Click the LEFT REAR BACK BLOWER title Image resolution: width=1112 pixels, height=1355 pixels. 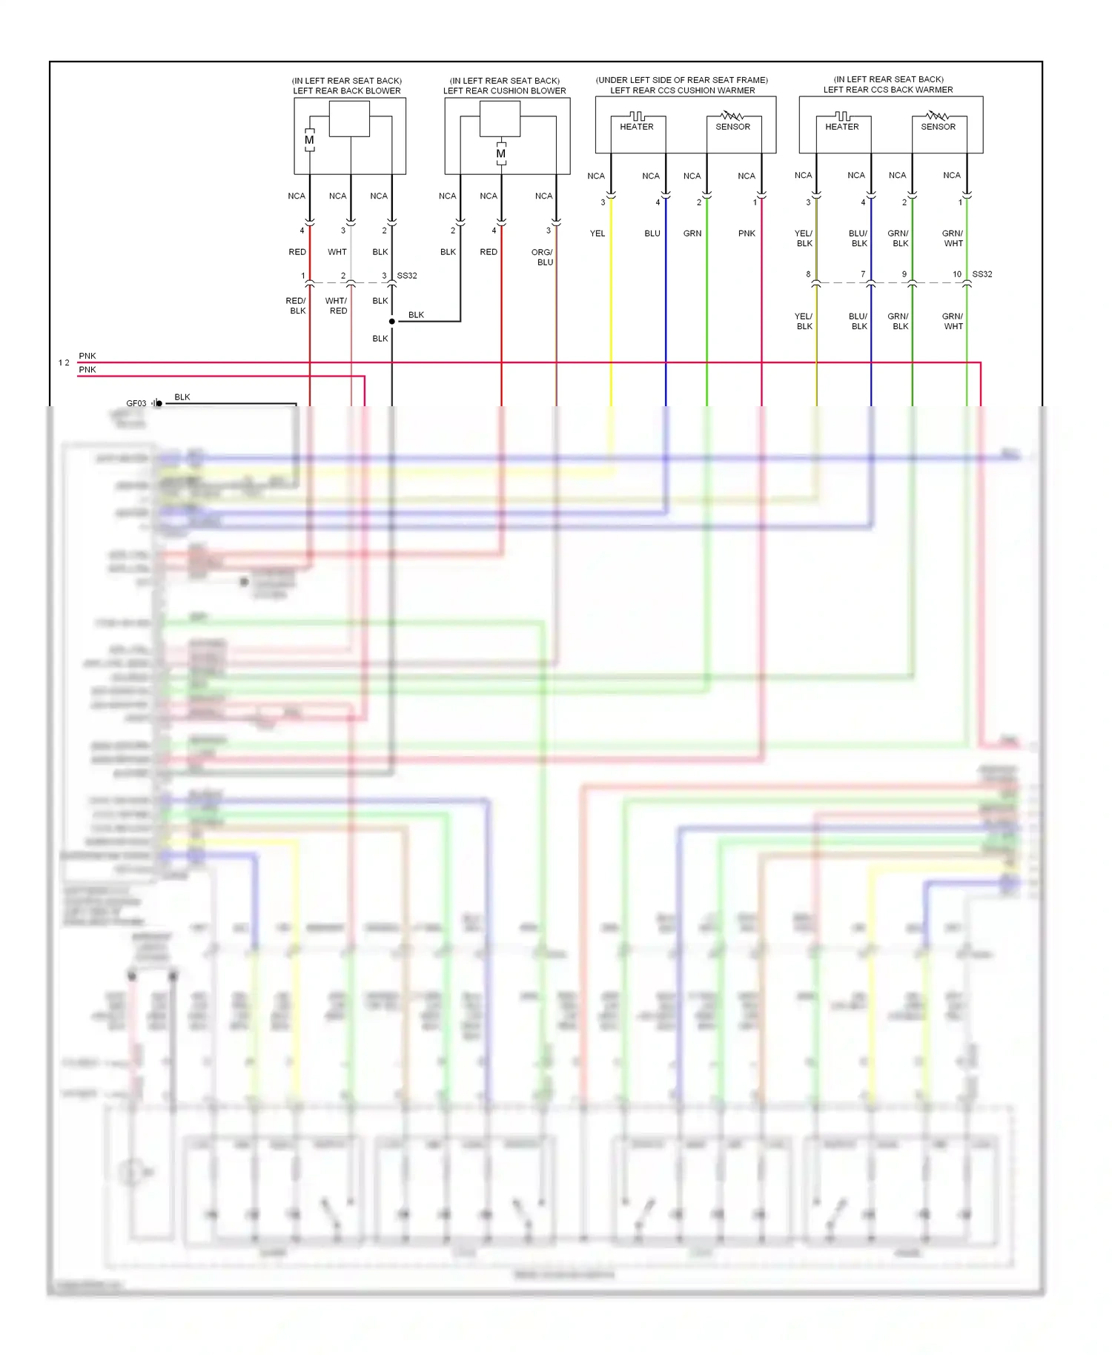346,90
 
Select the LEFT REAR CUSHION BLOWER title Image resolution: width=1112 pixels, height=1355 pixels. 504,90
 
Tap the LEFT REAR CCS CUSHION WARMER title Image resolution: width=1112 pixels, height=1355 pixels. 682,90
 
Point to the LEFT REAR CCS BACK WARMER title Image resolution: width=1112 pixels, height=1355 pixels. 887,90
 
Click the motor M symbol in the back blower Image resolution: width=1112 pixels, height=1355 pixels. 309,140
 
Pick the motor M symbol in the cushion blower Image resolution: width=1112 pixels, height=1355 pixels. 501,153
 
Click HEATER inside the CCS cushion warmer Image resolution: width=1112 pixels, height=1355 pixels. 637,127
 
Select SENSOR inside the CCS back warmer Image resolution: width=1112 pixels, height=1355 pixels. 938,127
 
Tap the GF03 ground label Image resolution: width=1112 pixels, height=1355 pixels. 136,403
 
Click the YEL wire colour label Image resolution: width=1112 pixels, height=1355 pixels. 598,233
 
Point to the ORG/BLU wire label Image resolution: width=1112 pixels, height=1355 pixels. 543,257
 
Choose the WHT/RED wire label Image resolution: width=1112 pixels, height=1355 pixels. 337,305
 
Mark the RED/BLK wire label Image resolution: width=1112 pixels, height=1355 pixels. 296,305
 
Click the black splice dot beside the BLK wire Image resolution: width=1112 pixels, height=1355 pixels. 392,322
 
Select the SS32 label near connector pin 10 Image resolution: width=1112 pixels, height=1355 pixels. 982,274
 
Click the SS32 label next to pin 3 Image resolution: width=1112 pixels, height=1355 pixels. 407,276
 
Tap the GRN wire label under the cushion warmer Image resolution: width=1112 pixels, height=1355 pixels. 692,233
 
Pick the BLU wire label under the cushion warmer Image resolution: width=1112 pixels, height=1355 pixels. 652,233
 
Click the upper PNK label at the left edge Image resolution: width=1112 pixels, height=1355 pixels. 87,356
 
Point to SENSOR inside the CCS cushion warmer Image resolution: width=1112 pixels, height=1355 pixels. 732,127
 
